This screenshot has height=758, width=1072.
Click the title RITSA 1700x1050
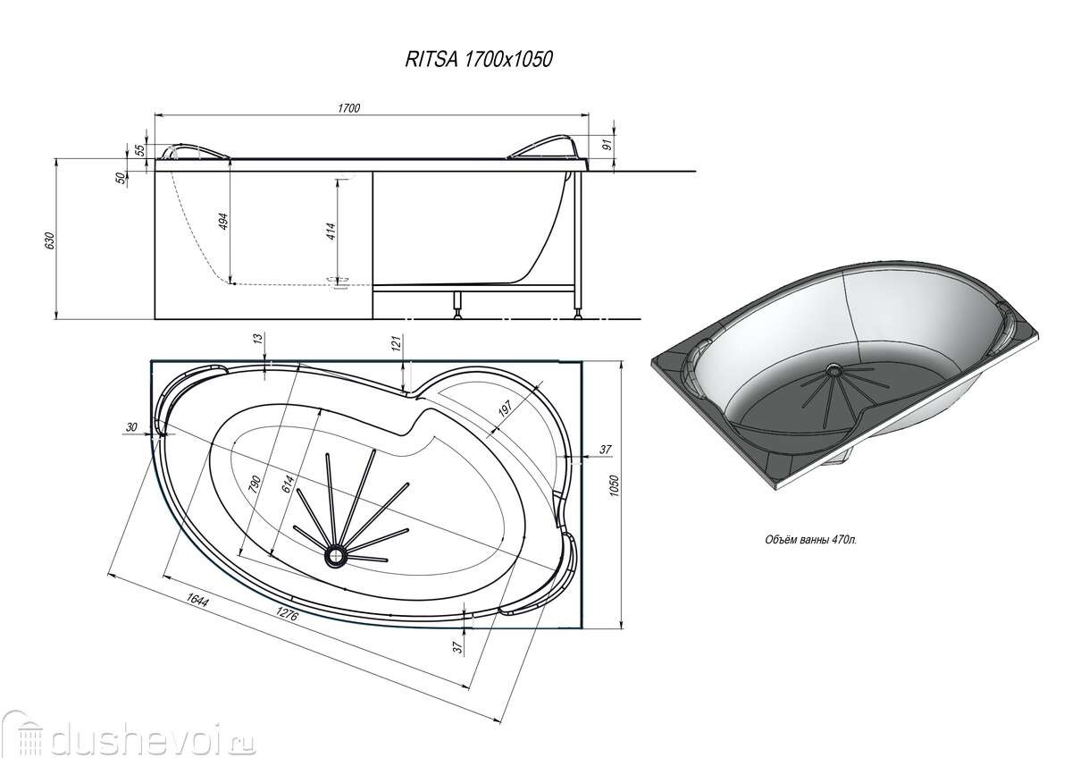click(x=479, y=59)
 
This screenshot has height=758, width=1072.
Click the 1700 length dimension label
click(x=349, y=108)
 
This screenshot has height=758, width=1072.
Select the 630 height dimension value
click(x=50, y=240)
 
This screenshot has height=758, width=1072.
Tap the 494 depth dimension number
click(x=223, y=221)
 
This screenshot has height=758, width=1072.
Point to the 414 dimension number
click(x=331, y=231)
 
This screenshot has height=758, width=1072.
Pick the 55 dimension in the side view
click(x=139, y=150)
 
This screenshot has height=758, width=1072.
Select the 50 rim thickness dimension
click(x=121, y=178)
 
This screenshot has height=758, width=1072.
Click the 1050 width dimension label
click(x=614, y=485)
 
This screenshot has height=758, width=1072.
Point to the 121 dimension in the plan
click(x=397, y=343)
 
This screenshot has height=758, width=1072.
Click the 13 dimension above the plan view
click(x=258, y=339)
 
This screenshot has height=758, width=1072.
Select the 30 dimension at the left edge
click(x=131, y=426)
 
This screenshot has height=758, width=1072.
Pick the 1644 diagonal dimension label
click(x=197, y=600)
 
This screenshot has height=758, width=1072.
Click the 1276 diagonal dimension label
click(x=287, y=613)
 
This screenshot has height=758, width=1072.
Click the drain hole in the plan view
click(x=336, y=555)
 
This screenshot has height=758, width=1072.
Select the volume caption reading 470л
click(x=811, y=540)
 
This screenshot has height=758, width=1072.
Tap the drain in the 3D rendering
click(x=833, y=369)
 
